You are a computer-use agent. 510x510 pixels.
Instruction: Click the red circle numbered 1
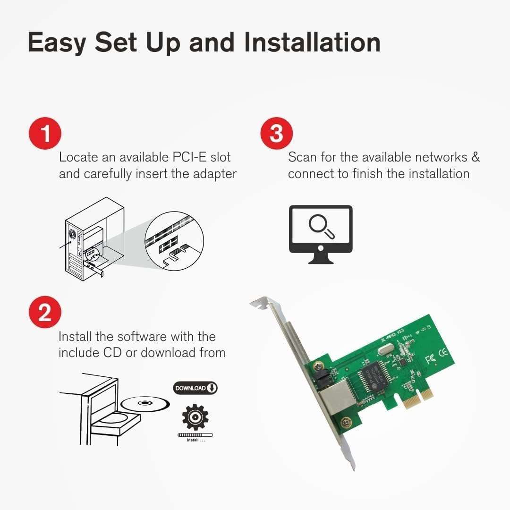[x=45, y=134]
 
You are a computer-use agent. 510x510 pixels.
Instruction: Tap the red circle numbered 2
[x=45, y=313]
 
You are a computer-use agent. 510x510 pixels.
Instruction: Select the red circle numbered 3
[x=277, y=134]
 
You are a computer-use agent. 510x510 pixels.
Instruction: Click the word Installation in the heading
[x=312, y=42]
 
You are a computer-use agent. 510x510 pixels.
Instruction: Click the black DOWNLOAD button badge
[x=195, y=388]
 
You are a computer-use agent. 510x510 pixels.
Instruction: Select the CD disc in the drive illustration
[x=145, y=403]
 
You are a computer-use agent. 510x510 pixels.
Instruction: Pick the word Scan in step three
[x=302, y=157]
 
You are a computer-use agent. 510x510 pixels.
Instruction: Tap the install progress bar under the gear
[x=195, y=434]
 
